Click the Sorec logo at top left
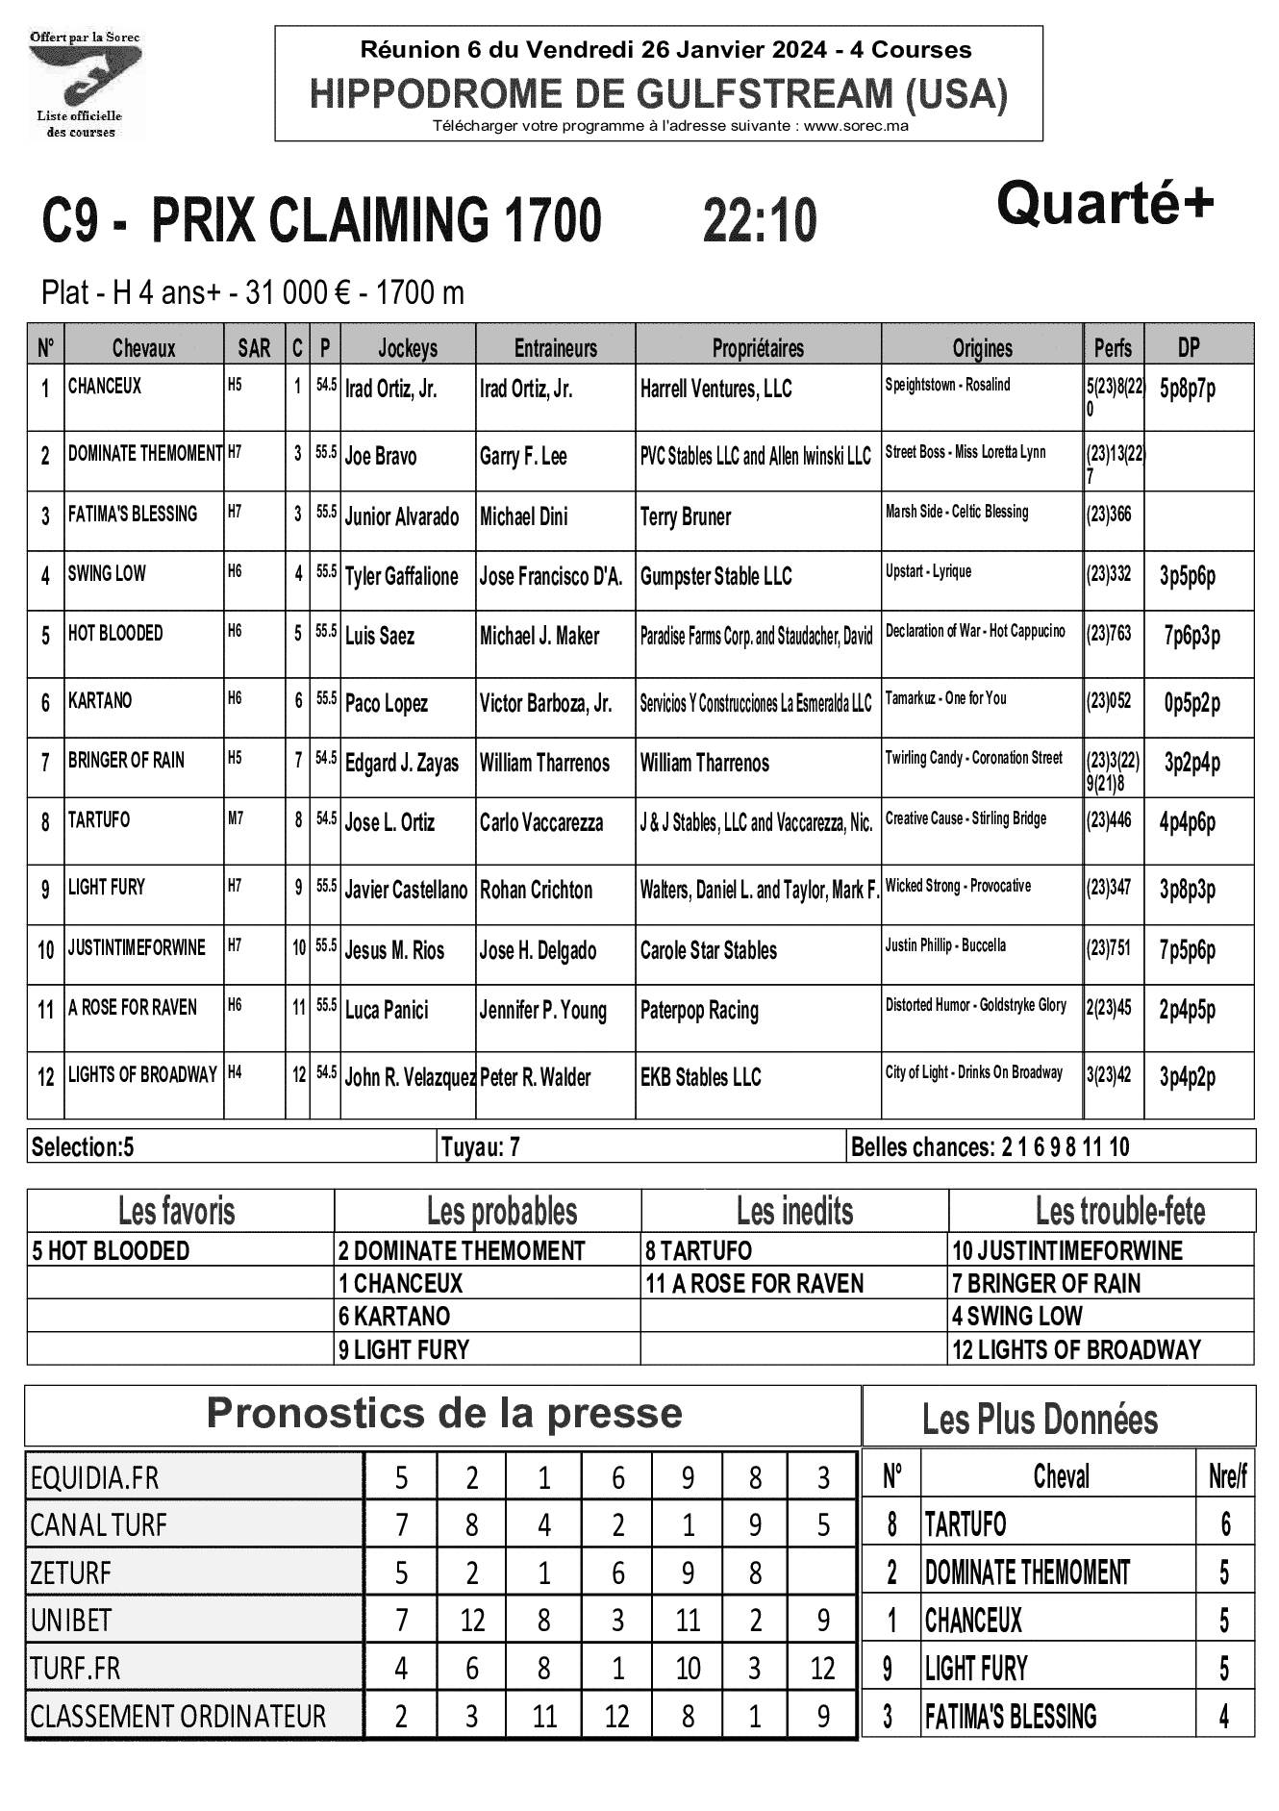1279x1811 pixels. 85,85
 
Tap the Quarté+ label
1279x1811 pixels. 1105,204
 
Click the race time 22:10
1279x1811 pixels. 760,220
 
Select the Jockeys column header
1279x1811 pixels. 407,347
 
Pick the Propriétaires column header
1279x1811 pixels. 758,347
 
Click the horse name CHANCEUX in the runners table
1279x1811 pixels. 105,387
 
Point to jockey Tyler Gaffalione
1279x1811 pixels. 401,576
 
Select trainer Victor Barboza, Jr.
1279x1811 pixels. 545,703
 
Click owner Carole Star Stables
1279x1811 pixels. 708,950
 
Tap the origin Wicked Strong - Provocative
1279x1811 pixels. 958,885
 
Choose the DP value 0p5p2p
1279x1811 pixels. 1191,703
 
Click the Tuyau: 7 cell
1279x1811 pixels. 481,1146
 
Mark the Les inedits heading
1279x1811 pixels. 794,1211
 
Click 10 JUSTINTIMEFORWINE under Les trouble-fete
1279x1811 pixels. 1067,1251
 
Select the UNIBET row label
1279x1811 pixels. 72,1621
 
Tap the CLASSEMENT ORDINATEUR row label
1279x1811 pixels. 178,1716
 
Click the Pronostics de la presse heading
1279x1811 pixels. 443,1414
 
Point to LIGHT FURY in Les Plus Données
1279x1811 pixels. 976,1668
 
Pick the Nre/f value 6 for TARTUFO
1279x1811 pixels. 1224,1524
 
